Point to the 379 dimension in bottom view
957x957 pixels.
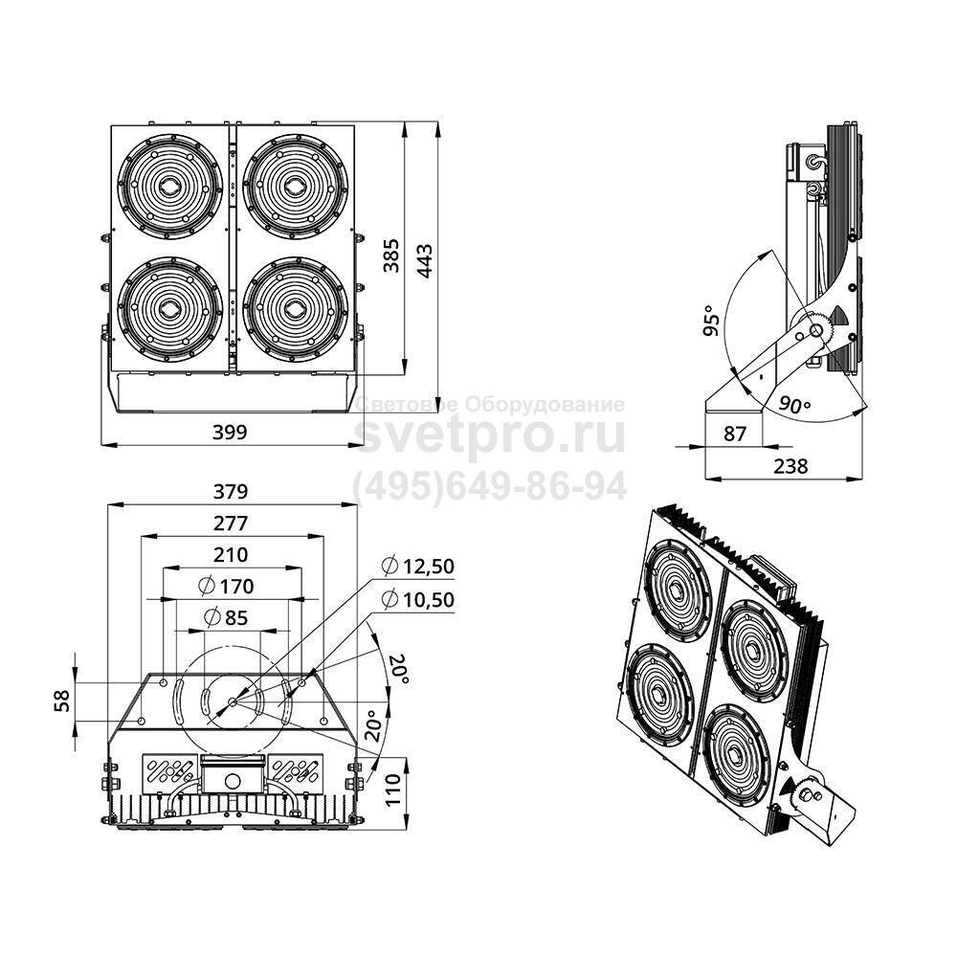[231, 492]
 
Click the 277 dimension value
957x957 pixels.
[231, 523]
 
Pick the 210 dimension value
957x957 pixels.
[231, 554]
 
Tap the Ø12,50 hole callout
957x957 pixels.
[417, 566]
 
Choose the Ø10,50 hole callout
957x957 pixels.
[417, 599]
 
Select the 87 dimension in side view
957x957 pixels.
[734, 433]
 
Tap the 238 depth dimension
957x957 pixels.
[790, 466]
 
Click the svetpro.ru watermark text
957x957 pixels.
[490, 435]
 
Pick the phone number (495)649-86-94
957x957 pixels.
[491, 486]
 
